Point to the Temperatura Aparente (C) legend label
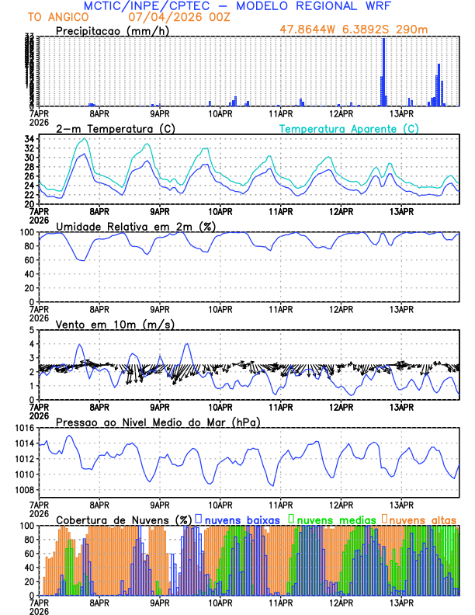coord(348,128)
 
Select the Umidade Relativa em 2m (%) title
coord(136,226)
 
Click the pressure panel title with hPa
coord(158,422)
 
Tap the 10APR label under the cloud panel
coord(220,602)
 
